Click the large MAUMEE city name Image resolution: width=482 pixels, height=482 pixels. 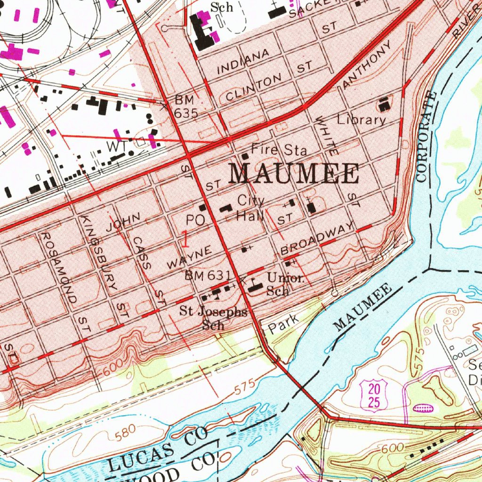coord(294,174)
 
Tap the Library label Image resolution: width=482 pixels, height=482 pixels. coord(361,120)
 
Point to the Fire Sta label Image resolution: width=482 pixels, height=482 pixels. coord(279,150)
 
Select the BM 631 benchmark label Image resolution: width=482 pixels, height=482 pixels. coord(207,275)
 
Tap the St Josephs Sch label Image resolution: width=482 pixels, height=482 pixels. coord(213,317)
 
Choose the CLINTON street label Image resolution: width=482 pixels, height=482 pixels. coord(254,87)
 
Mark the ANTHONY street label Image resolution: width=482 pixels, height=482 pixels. coord(367,64)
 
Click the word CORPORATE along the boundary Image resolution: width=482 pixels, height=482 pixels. coord(426,137)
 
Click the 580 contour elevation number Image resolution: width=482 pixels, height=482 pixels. coord(126,432)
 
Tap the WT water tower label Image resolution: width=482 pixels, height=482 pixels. coord(116,146)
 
